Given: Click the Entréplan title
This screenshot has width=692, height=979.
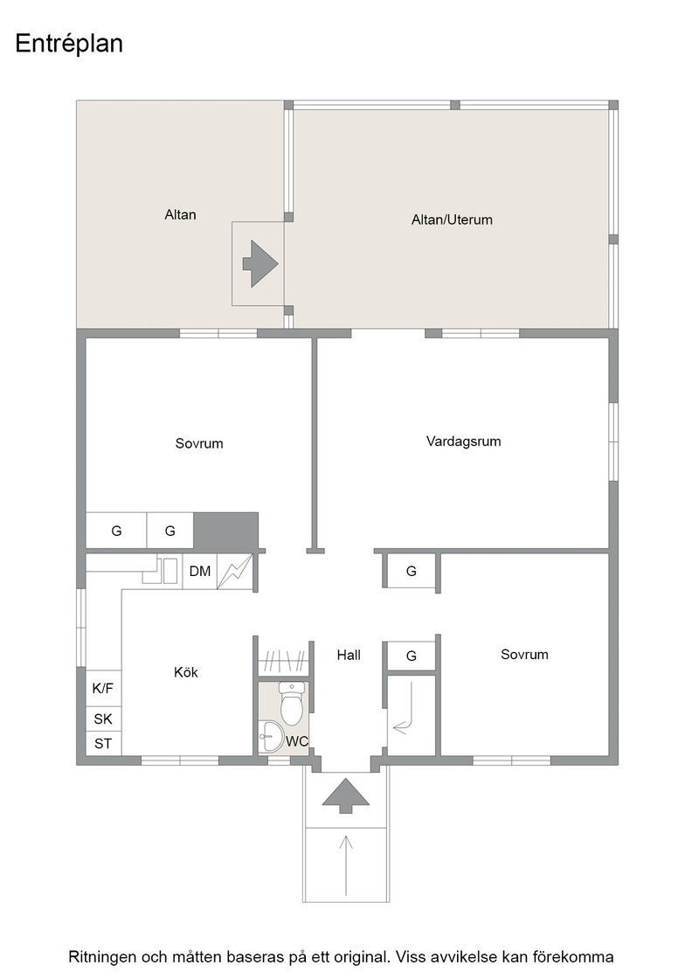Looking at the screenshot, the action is (x=69, y=45).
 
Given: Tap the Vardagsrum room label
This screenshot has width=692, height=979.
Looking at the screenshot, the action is (x=464, y=441).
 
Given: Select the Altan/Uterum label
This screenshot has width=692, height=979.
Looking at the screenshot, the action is (x=452, y=219).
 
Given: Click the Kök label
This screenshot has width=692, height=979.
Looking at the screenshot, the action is (x=186, y=672).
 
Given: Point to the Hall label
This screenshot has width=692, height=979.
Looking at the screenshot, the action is (x=349, y=655).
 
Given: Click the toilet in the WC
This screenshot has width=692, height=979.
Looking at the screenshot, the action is (x=292, y=703).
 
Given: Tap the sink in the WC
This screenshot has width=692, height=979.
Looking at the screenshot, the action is (x=272, y=736).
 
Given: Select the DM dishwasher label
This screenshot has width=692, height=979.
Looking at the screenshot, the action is (x=200, y=572).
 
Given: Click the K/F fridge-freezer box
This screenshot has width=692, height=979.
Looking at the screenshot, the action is (x=103, y=688).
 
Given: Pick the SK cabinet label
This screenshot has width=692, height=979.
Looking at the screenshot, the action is (x=103, y=719).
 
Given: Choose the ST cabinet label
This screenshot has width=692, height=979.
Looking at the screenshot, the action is (x=103, y=744).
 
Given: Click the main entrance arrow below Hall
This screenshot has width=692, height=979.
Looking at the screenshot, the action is (x=346, y=795).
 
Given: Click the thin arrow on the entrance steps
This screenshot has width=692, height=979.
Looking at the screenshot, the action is (x=346, y=865).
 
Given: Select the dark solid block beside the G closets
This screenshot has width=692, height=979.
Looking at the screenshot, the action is (x=226, y=531).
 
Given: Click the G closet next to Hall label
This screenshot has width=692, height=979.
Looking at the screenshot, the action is (x=412, y=656).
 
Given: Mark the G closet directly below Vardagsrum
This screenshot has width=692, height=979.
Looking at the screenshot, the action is (x=412, y=571).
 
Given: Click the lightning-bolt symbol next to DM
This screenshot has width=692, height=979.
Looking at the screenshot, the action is (x=235, y=572).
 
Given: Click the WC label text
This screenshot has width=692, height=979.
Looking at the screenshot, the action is (x=297, y=741).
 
